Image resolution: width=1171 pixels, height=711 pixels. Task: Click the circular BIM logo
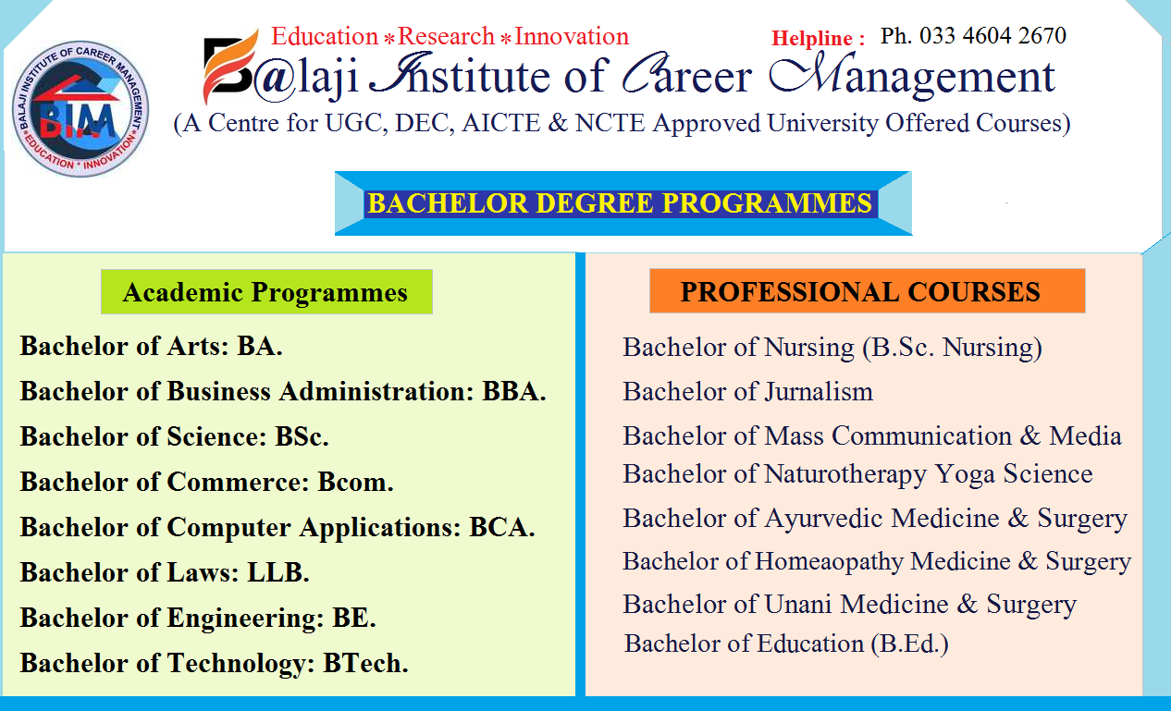tap(80, 109)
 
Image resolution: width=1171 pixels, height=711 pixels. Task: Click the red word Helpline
tap(811, 39)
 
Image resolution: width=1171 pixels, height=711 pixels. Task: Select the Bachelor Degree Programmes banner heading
tap(620, 203)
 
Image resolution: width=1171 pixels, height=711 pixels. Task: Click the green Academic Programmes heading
tap(265, 293)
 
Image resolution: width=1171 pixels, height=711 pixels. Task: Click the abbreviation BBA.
tap(513, 391)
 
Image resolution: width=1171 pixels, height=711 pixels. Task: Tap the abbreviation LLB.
tap(277, 572)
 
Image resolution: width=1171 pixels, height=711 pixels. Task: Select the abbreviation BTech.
tap(364, 663)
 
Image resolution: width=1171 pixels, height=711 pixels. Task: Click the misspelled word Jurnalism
tap(819, 392)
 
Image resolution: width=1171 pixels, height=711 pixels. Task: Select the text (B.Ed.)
tap(909, 644)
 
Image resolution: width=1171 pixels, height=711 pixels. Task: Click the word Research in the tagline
tap(446, 37)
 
